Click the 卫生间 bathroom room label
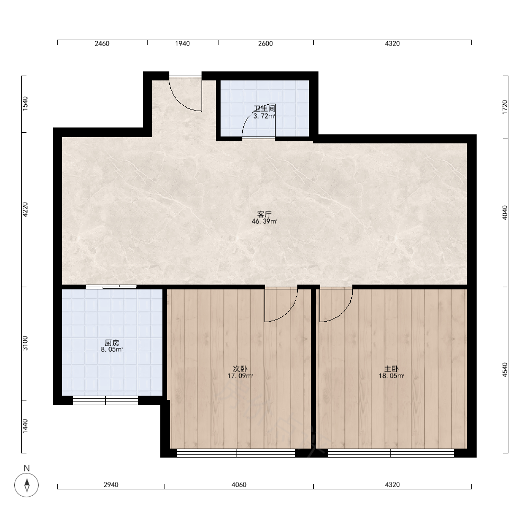(x=264, y=108)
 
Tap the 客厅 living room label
(x=264, y=214)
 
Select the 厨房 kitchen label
(x=112, y=343)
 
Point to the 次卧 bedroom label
(x=240, y=369)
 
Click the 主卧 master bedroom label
(x=391, y=369)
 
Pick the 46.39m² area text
(x=264, y=222)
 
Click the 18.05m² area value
(x=391, y=376)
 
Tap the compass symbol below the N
(x=26, y=485)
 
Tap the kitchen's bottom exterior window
(x=106, y=400)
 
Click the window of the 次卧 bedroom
(x=236, y=453)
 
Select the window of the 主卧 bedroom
(x=391, y=453)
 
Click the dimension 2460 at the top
(x=102, y=44)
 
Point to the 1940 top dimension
(x=183, y=44)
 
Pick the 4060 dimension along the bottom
(x=239, y=485)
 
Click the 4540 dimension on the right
(x=505, y=370)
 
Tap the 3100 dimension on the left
(x=25, y=343)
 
